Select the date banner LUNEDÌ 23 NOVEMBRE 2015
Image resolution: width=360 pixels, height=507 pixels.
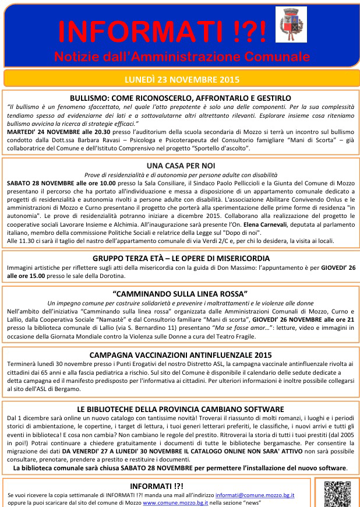(179, 79)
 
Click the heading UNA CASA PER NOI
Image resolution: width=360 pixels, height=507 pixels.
(180, 166)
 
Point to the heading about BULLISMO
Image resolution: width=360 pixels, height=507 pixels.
(180, 98)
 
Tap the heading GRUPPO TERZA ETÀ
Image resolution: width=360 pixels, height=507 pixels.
(180, 258)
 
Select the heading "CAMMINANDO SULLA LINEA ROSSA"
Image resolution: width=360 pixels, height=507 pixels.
(180, 293)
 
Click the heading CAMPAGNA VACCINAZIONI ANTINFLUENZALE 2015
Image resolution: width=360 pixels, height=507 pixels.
(180, 354)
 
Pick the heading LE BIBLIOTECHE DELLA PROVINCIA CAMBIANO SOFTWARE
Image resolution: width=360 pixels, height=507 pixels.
(180, 409)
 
